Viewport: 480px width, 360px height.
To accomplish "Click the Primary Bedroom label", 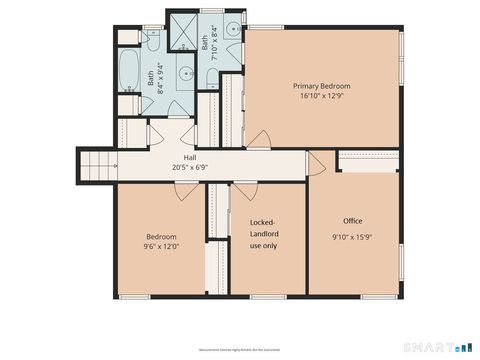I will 321,86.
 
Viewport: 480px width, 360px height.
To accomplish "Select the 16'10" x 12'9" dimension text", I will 321,98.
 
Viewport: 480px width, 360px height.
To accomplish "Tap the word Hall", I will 189,157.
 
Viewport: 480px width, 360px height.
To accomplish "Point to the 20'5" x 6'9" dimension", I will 189,167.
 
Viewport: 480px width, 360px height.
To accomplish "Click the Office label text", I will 352,221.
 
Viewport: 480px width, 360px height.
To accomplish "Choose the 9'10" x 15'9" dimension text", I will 352,237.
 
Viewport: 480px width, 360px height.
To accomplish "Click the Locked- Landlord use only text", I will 263,233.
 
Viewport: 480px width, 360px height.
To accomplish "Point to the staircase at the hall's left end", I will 96,160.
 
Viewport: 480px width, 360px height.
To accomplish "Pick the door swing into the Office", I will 316,160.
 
